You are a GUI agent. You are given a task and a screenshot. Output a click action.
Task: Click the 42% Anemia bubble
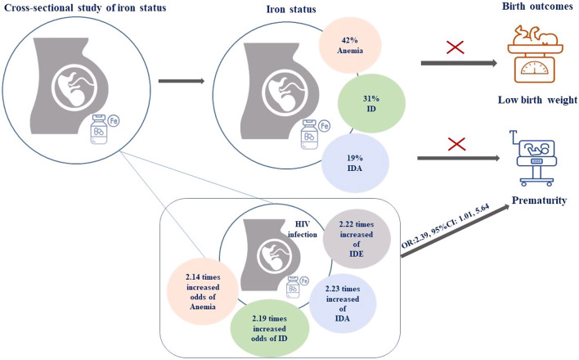click(350, 46)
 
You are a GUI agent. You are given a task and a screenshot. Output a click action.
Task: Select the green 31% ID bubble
click(371, 104)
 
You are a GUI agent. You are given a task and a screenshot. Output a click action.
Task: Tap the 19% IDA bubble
click(355, 163)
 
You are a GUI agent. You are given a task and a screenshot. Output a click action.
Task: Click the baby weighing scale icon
click(535, 54)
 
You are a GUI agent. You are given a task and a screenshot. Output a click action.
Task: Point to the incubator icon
click(535, 158)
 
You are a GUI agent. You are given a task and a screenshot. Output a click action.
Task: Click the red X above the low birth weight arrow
click(455, 47)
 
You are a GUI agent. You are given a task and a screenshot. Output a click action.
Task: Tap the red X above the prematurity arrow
click(456, 144)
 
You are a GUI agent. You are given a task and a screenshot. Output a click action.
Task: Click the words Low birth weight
click(537, 100)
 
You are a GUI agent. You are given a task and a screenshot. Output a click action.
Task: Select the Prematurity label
click(539, 200)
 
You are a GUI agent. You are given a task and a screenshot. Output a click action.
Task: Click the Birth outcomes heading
click(537, 7)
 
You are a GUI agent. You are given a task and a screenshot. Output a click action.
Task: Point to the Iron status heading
click(291, 9)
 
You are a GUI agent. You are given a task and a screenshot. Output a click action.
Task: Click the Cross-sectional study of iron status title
click(85, 7)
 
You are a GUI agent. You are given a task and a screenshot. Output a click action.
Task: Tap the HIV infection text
click(303, 229)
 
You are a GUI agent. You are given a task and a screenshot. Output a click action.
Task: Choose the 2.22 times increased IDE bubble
click(357, 239)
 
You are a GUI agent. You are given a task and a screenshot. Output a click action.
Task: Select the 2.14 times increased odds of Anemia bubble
click(202, 291)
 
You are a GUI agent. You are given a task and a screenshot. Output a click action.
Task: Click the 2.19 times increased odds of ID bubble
click(270, 329)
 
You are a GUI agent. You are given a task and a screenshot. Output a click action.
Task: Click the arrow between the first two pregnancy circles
click(182, 81)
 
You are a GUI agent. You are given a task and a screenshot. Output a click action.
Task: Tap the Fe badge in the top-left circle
click(114, 121)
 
